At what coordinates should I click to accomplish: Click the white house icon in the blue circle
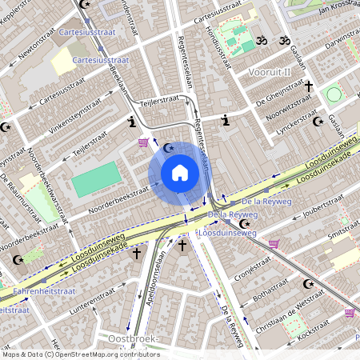pos(180,171)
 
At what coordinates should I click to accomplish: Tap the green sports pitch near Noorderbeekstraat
pos(94,179)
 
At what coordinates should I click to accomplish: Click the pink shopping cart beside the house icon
pos(143,142)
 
